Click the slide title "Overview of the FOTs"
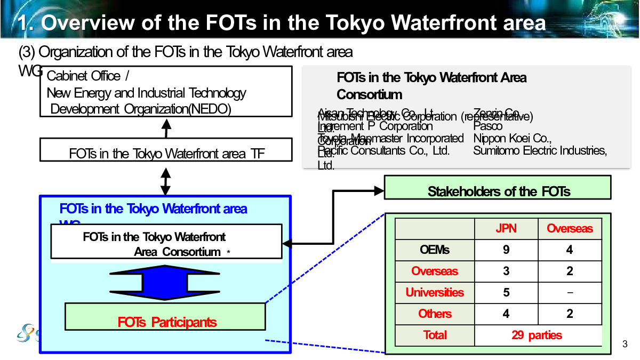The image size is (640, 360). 282,22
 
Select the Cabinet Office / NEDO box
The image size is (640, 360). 166,92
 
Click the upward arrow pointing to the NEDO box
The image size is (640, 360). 166,127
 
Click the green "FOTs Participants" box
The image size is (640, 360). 165,317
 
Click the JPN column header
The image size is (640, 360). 506,229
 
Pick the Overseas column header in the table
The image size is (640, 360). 570,229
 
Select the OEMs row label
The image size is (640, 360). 435,250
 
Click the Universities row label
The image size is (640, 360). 435,292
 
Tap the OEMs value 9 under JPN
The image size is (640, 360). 506,250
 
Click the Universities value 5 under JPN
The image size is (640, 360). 506,292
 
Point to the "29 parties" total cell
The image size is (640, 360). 537,335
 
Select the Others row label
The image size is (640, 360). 435,314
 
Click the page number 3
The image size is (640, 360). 625,343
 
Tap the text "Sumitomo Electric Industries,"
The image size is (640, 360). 540,150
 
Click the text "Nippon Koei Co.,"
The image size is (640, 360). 512,138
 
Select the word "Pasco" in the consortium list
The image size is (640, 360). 488,126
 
